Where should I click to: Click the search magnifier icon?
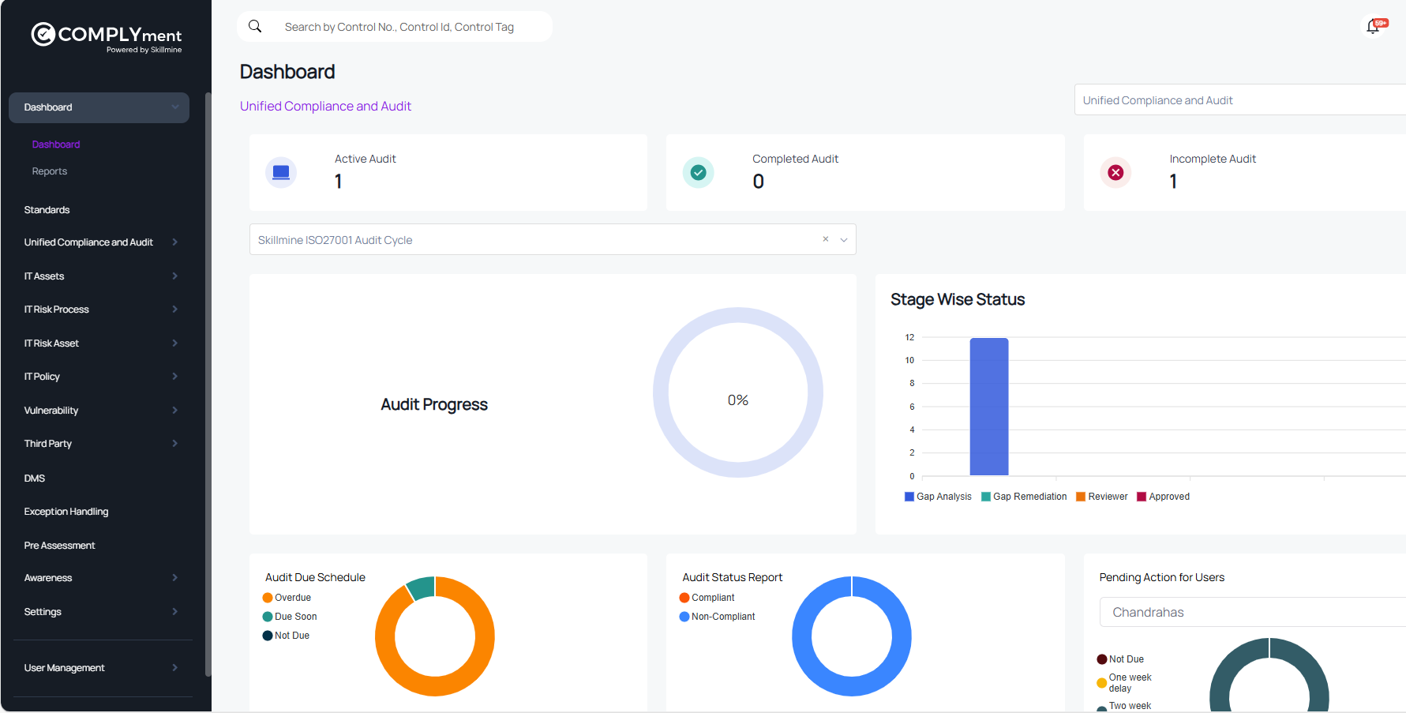click(x=255, y=26)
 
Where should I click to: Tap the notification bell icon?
click(x=1373, y=27)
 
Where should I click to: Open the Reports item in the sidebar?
click(x=50, y=171)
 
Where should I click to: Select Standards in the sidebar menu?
click(x=47, y=210)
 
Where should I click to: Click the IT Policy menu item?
click(x=43, y=377)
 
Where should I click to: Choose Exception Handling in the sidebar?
click(x=66, y=512)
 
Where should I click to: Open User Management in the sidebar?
click(x=65, y=668)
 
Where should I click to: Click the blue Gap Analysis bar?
click(x=988, y=407)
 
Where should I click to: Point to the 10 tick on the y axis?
click(x=909, y=360)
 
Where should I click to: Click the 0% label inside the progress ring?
click(x=738, y=400)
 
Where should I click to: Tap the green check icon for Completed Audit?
click(x=698, y=172)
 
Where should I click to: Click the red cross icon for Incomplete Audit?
click(x=1115, y=172)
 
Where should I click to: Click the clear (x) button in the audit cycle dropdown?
click(x=826, y=239)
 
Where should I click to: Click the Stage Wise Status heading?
click(x=958, y=299)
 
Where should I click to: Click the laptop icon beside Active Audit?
click(x=281, y=172)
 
